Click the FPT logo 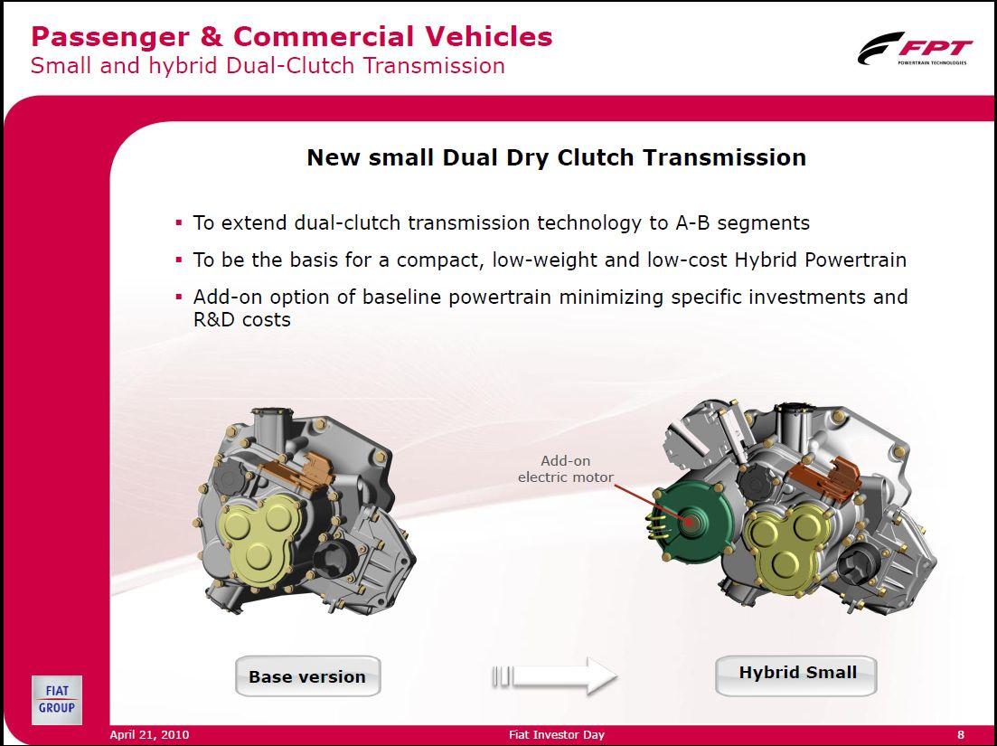pyautogui.click(x=915, y=48)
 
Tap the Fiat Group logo pyautogui.click(x=57, y=700)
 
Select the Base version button pyautogui.click(x=307, y=676)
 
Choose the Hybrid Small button pyautogui.click(x=796, y=675)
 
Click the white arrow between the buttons pyautogui.click(x=554, y=675)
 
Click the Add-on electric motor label pyautogui.click(x=565, y=468)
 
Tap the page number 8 pyautogui.click(x=961, y=734)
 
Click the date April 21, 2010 pyautogui.click(x=149, y=734)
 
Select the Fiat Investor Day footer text pyautogui.click(x=557, y=734)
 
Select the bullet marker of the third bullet pyautogui.click(x=179, y=297)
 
